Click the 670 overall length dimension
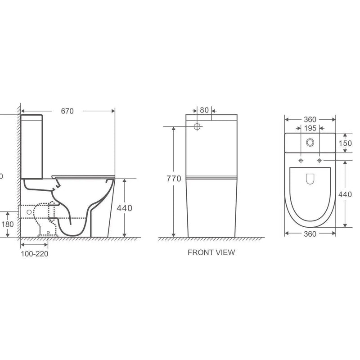point(67,111)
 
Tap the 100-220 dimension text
point(34,253)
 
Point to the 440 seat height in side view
point(124,208)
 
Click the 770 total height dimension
point(173,179)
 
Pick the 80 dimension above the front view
point(204,110)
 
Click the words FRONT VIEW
point(211,252)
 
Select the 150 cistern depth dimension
point(345,143)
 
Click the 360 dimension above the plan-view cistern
point(310,120)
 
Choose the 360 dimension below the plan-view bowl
point(310,234)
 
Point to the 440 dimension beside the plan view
point(345,194)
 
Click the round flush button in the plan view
point(310,143)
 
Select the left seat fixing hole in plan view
point(300,161)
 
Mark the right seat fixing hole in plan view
point(319,161)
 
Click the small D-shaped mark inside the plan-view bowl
point(310,179)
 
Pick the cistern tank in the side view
point(31,146)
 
